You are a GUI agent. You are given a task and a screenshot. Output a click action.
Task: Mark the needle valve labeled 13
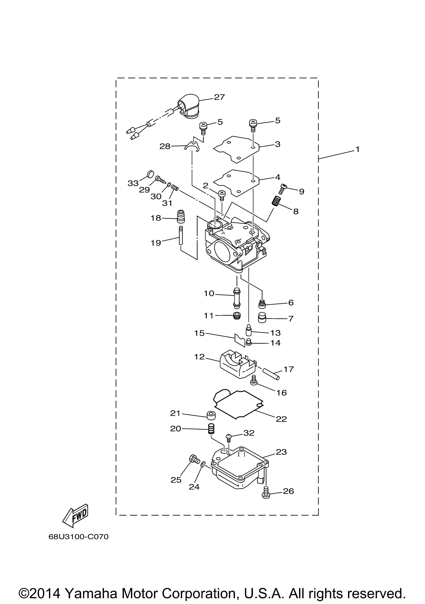[x=248, y=330]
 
